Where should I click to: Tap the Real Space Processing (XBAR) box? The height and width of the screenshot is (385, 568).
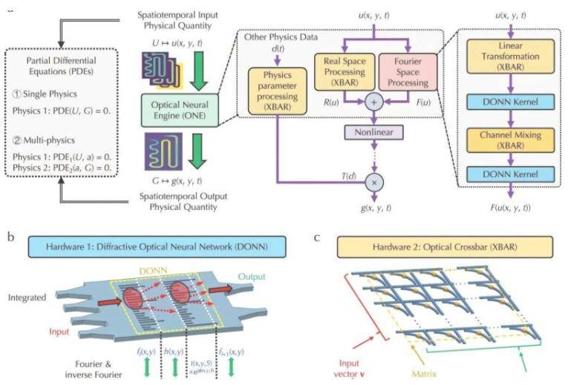pos(345,73)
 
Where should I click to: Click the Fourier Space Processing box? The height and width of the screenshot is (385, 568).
pos(408,73)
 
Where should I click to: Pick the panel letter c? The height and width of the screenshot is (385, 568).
pos(317,238)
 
